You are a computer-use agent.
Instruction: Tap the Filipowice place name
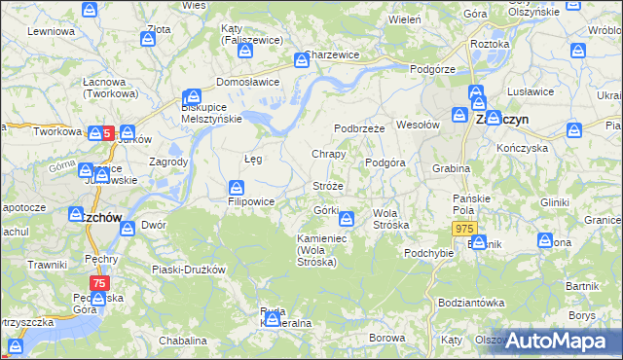[251, 202]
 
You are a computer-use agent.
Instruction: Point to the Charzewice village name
[332, 55]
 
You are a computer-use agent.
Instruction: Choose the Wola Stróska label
[391, 219]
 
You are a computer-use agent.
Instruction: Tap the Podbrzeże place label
[361, 128]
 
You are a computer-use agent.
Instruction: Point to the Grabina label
[452, 168]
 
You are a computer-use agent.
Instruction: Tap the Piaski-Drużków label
[189, 270]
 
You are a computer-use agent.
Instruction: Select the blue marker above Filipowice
[236, 187]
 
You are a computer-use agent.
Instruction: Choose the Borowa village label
[386, 338]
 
